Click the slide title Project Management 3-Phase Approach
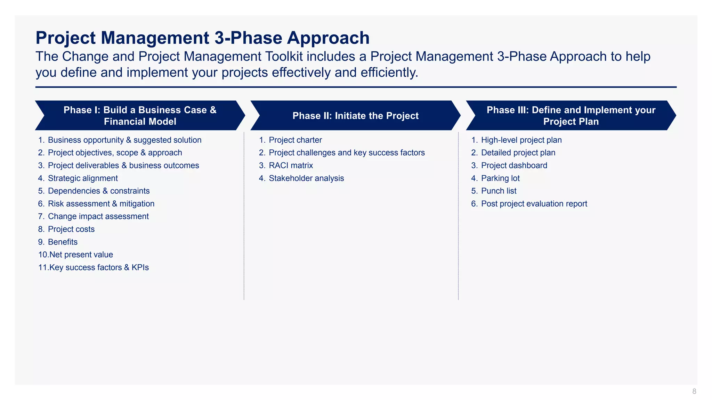pos(202,38)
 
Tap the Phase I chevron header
pos(140,116)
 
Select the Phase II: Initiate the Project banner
pos(355,116)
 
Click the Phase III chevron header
pos(571,116)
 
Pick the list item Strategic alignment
pos(83,178)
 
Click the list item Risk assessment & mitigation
pos(101,204)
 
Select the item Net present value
pos(81,255)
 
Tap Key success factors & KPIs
pos(99,267)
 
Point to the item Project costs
pos(71,229)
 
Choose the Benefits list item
pos(63,242)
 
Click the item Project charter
pos(295,140)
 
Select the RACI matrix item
pos(291,166)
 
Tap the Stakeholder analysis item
pos(306,178)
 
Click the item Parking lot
pos(500,178)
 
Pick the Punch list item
pos(499,191)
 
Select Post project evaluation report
pos(534,204)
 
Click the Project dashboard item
pos(514,166)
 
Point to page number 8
pos(694,391)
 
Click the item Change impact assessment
pos(98,216)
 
